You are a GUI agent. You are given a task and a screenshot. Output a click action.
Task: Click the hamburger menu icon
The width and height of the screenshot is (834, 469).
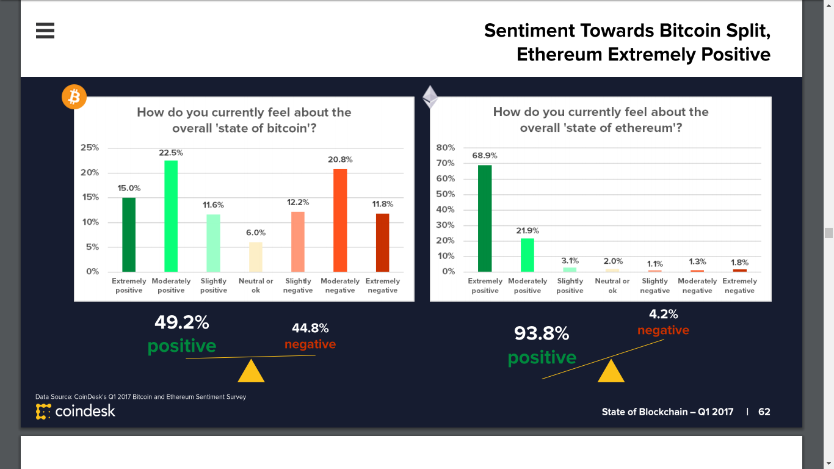45,31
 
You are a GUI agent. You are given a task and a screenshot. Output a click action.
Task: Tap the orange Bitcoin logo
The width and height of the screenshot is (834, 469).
74,96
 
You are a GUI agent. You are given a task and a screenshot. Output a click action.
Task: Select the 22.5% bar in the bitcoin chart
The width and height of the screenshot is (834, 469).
171,216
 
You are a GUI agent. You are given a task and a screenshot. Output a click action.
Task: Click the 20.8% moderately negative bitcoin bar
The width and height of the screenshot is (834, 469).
340,220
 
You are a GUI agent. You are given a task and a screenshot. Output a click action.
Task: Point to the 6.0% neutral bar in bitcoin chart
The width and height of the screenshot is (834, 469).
255,257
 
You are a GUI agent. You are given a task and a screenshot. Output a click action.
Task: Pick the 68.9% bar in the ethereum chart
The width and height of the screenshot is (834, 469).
485,218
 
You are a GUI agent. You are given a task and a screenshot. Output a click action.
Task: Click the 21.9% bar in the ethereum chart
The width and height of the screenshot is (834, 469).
528,255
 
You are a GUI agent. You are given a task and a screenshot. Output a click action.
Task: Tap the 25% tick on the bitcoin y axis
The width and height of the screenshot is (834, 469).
90,148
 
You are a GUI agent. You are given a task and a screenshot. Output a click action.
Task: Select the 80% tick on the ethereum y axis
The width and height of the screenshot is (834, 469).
446,148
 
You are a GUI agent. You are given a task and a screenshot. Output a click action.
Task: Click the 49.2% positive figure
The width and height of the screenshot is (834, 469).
182,322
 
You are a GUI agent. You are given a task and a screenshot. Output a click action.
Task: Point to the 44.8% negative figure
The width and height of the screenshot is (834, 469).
310,329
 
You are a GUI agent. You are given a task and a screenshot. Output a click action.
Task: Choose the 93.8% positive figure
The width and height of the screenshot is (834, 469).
542,333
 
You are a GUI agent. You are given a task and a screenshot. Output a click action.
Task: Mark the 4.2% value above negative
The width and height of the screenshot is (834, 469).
663,314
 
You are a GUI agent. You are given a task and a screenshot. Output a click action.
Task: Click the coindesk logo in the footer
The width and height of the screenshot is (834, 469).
76,412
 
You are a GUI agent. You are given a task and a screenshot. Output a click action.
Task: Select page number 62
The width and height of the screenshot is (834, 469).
764,412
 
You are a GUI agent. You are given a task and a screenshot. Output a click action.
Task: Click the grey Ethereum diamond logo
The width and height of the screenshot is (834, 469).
430,96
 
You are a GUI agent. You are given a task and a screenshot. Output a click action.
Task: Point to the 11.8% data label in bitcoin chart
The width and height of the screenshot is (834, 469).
383,204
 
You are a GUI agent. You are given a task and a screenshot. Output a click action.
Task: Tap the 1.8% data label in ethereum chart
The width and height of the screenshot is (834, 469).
739,262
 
